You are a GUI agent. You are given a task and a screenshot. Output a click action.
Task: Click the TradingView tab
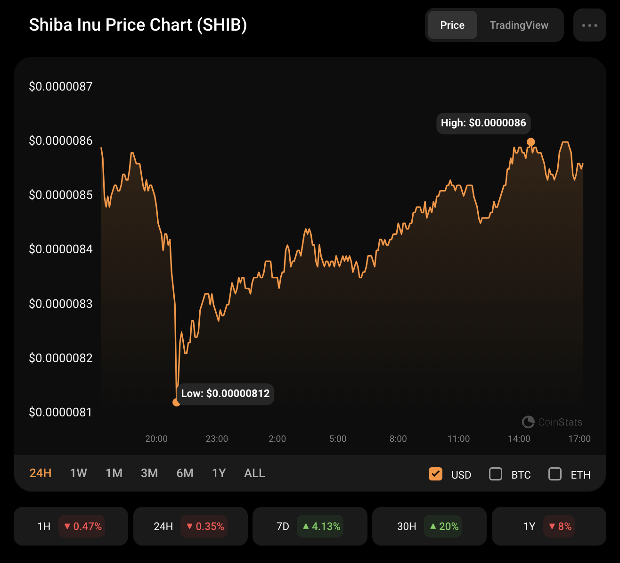[x=519, y=25]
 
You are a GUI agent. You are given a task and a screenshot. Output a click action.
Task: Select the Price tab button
[x=452, y=25]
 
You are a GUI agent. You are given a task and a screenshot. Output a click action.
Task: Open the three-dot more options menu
[x=589, y=25]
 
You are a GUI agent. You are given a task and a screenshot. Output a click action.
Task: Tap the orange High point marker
[x=531, y=142]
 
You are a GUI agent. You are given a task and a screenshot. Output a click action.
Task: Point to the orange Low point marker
[x=176, y=402]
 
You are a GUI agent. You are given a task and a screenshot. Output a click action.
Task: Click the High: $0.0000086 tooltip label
[x=483, y=123]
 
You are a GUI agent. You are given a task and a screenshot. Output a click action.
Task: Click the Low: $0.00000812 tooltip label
[x=225, y=394]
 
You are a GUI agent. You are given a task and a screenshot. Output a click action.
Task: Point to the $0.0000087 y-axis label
[x=61, y=86]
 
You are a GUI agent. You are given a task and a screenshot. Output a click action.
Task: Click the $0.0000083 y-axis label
[x=61, y=304]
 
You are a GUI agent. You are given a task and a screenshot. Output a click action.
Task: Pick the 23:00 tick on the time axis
[x=217, y=439]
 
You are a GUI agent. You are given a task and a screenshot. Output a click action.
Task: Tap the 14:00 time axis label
[x=519, y=439]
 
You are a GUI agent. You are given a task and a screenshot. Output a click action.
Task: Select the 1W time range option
[x=79, y=473]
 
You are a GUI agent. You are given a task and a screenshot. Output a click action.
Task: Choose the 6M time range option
[x=185, y=473]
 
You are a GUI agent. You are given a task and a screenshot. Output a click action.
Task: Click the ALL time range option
[x=254, y=473]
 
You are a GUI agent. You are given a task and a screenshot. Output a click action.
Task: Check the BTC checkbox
[x=496, y=474]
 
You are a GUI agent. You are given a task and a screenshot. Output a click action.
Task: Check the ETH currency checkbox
[x=555, y=474]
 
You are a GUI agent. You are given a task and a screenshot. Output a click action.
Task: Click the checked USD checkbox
[x=435, y=474]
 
